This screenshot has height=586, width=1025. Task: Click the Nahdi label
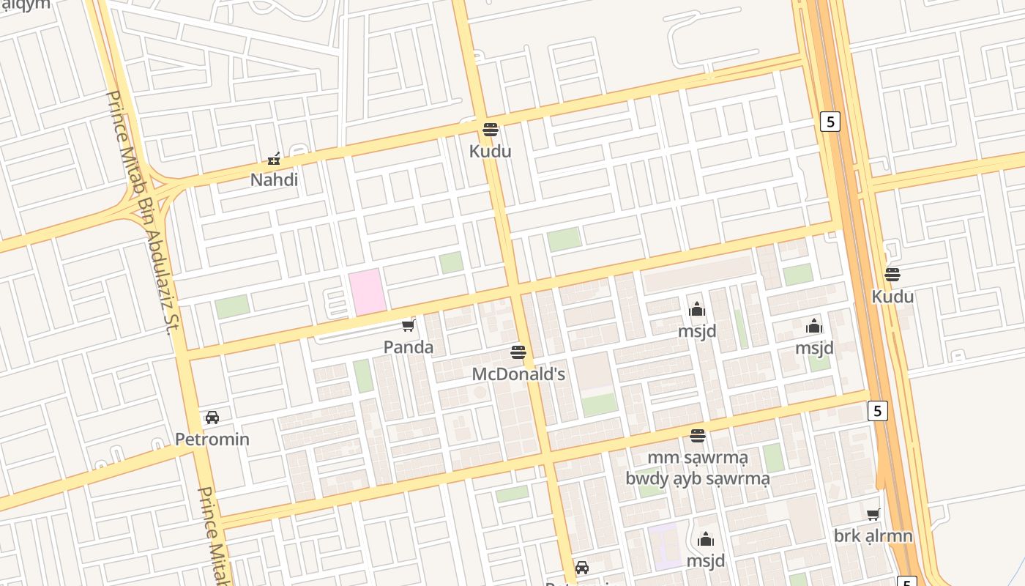point(275,179)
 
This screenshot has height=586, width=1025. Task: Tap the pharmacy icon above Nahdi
point(275,158)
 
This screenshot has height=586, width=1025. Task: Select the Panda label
point(409,347)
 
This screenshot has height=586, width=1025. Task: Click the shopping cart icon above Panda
point(409,325)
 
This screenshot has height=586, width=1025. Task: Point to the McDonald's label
point(518,374)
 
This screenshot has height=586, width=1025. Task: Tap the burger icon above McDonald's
point(518,352)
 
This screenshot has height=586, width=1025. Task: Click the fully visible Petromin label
point(212,439)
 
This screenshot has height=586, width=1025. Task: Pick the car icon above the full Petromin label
point(212,418)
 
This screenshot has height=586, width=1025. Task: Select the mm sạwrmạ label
point(698,458)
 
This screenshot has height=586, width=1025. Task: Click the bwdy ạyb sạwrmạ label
point(698,479)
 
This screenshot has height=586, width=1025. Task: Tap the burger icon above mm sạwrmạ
point(698,436)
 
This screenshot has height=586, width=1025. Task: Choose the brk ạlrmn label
point(873,536)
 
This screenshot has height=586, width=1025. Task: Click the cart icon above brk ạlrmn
point(873,514)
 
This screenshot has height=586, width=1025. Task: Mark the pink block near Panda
point(367,292)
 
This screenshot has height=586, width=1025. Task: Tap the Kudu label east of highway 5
point(892,297)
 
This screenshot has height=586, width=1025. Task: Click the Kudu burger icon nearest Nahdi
point(491,130)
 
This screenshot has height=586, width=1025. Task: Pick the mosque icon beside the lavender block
point(706,540)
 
